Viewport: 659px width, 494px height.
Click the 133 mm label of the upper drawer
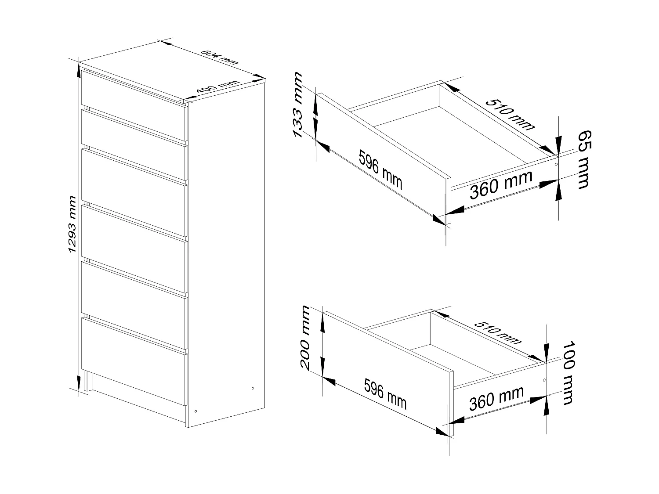(299, 105)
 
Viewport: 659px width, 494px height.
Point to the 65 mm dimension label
(582, 159)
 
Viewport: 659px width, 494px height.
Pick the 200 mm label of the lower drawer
(304, 337)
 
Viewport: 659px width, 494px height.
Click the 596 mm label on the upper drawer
(380, 169)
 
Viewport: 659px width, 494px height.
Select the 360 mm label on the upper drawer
(501, 184)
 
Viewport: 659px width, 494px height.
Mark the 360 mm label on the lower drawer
(496, 398)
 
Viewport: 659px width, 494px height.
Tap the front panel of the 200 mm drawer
(387, 371)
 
